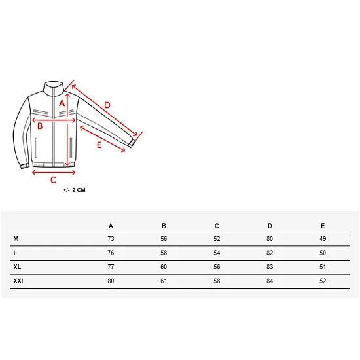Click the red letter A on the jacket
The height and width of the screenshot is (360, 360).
(62, 103)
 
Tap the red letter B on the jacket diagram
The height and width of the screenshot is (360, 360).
(40, 126)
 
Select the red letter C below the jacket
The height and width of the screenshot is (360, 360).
(53, 180)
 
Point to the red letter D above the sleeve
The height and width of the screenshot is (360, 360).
(107, 105)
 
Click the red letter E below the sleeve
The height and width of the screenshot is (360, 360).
(99, 145)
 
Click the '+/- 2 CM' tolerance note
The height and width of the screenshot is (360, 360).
(75, 190)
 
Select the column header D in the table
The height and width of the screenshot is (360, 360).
(270, 226)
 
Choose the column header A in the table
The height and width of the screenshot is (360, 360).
(111, 226)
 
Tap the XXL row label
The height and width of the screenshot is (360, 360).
(19, 281)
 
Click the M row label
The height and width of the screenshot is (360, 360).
(16, 239)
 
